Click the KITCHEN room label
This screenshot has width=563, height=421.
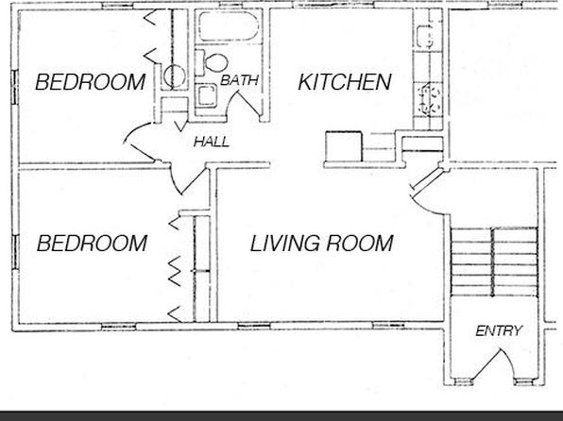coord(345,81)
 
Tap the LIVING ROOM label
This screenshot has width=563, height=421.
coord(321,243)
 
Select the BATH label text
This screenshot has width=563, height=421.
coord(239,80)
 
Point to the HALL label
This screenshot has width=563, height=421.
coord(212,142)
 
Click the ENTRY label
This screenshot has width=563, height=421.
coord(499,330)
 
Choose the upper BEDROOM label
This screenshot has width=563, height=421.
coord(90,82)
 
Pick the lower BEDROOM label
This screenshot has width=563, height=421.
coord(92,243)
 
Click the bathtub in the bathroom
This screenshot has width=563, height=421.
coord(229,26)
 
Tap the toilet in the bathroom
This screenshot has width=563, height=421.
coord(212,63)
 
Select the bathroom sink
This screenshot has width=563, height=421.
coord(206,95)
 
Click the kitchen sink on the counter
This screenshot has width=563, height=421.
coord(424,36)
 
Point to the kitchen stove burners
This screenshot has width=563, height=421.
coord(430,99)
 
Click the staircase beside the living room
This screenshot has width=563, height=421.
coord(494,261)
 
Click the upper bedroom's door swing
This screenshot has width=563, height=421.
coord(138,141)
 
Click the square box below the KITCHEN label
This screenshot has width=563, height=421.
coord(343,146)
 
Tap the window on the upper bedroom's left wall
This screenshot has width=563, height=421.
coord(15,87)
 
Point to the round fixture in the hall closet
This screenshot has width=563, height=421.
coord(175,76)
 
